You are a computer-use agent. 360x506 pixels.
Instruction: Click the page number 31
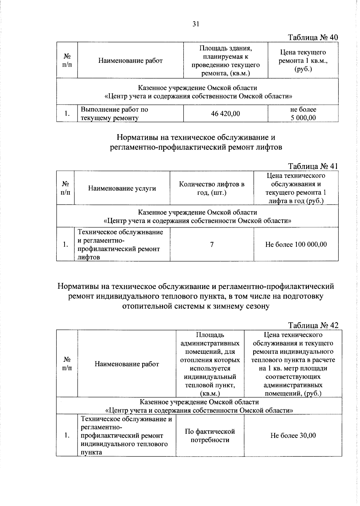pos(196,24)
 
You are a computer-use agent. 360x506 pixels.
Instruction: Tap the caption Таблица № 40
pos(313,38)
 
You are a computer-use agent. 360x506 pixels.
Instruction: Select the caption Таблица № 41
pos(313,166)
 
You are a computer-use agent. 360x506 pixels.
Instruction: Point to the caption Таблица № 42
pos(313,325)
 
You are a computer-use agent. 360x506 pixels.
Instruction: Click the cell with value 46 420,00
pos(225,114)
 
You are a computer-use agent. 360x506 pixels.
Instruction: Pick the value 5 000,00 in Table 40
pos(303,118)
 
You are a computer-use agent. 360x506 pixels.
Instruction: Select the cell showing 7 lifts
pos(212,245)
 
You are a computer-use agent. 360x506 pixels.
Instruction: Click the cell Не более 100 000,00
pos(296,245)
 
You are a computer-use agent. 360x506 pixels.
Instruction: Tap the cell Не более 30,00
pos(293,435)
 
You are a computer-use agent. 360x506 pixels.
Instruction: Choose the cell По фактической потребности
pos(210,435)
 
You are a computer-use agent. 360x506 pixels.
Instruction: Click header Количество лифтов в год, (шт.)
pos(211,188)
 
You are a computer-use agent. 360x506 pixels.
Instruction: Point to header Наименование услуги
pos(122,188)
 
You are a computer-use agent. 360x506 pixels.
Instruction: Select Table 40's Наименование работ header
pos(130,61)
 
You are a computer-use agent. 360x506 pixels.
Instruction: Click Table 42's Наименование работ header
pos(127,364)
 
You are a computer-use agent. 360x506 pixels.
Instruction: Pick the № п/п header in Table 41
pos(65,188)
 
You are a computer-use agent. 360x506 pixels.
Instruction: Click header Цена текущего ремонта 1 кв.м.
pos(303,61)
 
